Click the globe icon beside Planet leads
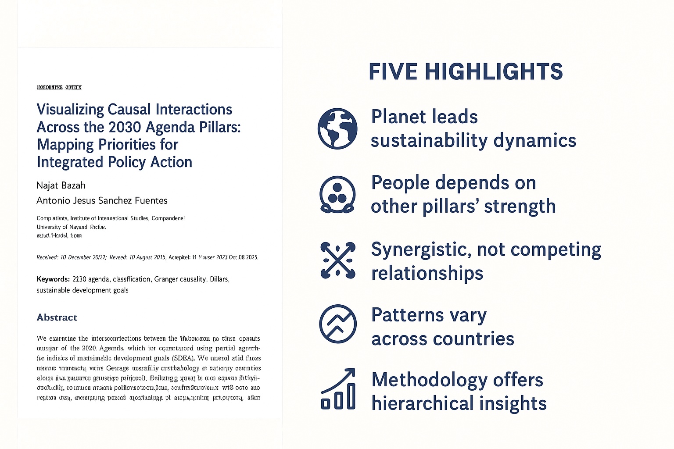pyautogui.click(x=337, y=129)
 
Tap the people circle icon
pyautogui.click(x=337, y=195)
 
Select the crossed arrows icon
pyautogui.click(x=337, y=260)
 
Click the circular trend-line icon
pyautogui.click(x=337, y=324)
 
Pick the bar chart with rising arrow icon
pyautogui.click(x=338, y=389)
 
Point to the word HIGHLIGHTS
pyautogui.click(x=494, y=72)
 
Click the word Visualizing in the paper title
pyautogui.click(x=70, y=110)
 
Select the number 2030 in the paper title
pyautogui.click(x=125, y=127)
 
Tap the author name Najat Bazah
pyautogui.click(x=61, y=185)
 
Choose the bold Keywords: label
pyautogui.click(x=53, y=279)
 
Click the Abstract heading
pyautogui.click(x=57, y=317)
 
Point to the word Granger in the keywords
pyautogui.click(x=167, y=279)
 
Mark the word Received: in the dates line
pyautogui.click(x=47, y=257)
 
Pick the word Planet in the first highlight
pyautogui.click(x=398, y=117)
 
